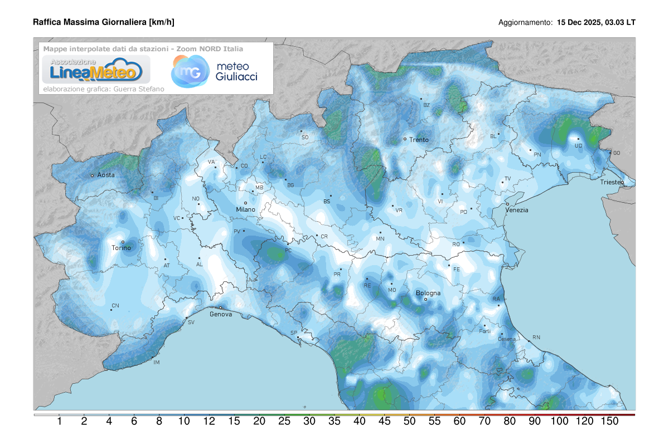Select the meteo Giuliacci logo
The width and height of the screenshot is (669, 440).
(x=215, y=71)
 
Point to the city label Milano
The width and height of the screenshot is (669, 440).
(x=245, y=209)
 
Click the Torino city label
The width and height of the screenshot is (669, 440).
(x=121, y=248)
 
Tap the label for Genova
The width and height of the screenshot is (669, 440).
(x=220, y=314)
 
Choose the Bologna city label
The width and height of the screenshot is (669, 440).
(x=428, y=293)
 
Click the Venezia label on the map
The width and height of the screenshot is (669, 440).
(x=516, y=210)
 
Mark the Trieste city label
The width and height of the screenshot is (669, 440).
(x=612, y=182)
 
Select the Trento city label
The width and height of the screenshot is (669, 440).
(x=419, y=140)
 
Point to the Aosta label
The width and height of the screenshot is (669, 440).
(x=106, y=175)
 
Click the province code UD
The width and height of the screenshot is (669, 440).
(x=578, y=146)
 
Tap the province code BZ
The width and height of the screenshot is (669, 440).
(x=426, y=105)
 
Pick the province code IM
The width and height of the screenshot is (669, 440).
(x=156, y=363)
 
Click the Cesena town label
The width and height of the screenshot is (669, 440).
(x=491, y=339)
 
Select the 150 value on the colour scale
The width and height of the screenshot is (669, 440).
(x=609, y=422)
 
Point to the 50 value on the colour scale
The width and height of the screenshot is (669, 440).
(x=409, y=422)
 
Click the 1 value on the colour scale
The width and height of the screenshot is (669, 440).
(x=59, y=422)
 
